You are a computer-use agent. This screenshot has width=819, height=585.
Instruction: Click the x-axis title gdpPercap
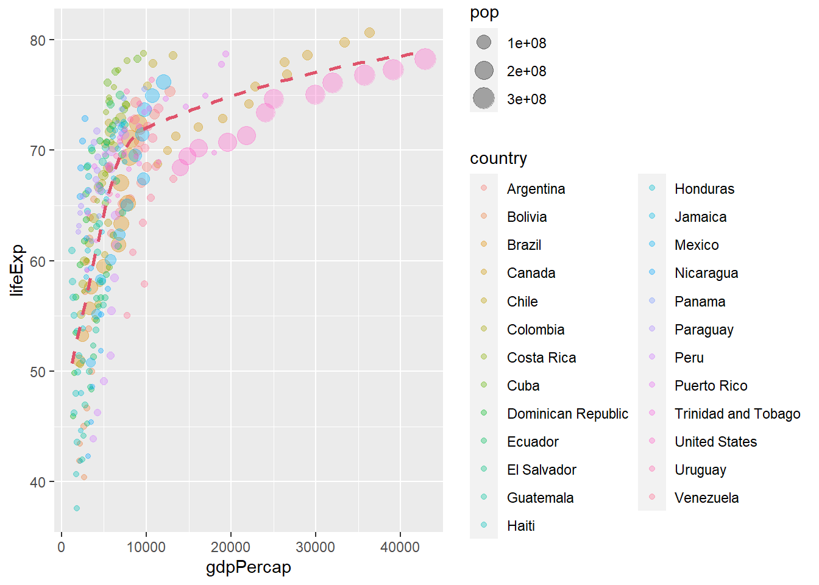click(x=248, y=567)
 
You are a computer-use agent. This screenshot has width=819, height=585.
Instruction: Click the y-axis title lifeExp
click(x=17, y=270)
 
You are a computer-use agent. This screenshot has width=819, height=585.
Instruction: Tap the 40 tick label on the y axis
click(x=38, y=482)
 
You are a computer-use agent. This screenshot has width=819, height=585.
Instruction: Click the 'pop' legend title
click(x=484, y=13)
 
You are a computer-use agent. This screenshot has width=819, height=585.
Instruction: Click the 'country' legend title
click(x=498, y=158)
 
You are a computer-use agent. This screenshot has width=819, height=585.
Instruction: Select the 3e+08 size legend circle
click(x=484, y=98)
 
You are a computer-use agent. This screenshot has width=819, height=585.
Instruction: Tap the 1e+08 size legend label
click(x=526, y=43)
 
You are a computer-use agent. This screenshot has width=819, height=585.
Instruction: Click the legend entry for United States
click(x=715, y=442)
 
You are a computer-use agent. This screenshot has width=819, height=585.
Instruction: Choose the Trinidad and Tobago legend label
click(x=737, y=414)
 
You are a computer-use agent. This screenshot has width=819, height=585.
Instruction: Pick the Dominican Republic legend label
click(x=567, y=414)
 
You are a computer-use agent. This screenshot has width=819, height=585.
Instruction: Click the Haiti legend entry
click(x=520, y=526)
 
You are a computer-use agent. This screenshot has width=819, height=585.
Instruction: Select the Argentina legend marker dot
click(x=484, y=188)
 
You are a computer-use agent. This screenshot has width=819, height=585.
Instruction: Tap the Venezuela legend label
click(x=706, y=498)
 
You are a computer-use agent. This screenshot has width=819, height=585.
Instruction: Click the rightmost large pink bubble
click(x=425, y=59)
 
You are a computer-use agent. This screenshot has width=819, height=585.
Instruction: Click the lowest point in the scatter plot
click(x=76, y=508)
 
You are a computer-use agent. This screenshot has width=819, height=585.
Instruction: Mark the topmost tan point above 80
click(x=369, y=32)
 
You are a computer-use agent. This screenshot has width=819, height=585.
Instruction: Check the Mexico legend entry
click(x=697, y=245)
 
